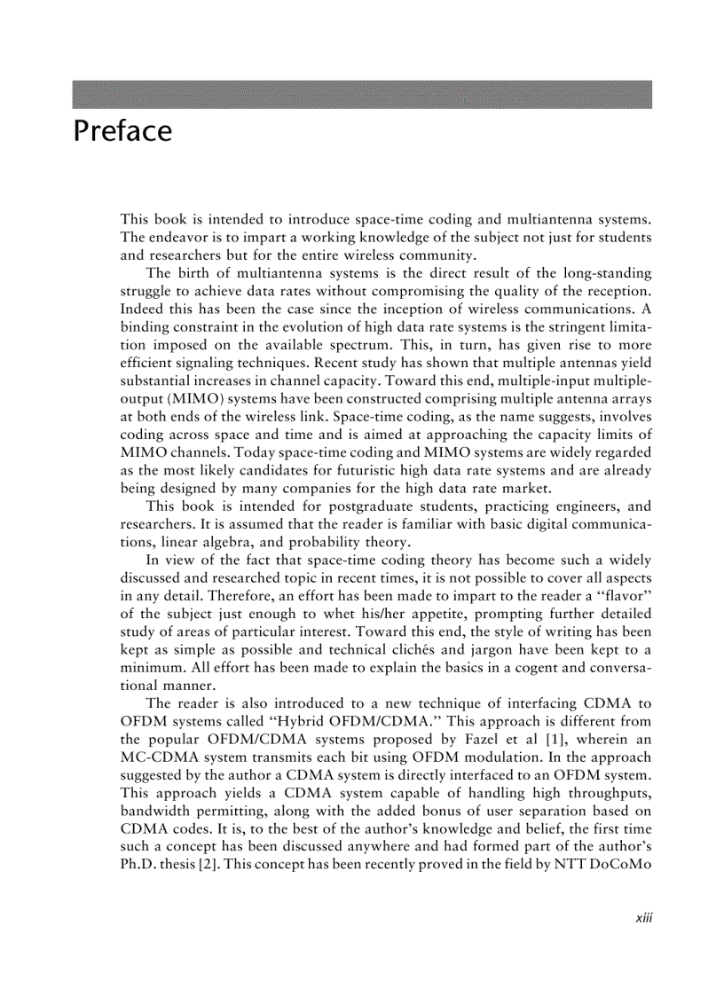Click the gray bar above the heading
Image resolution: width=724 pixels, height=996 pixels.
pyautogui.click(x=362, y=95)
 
